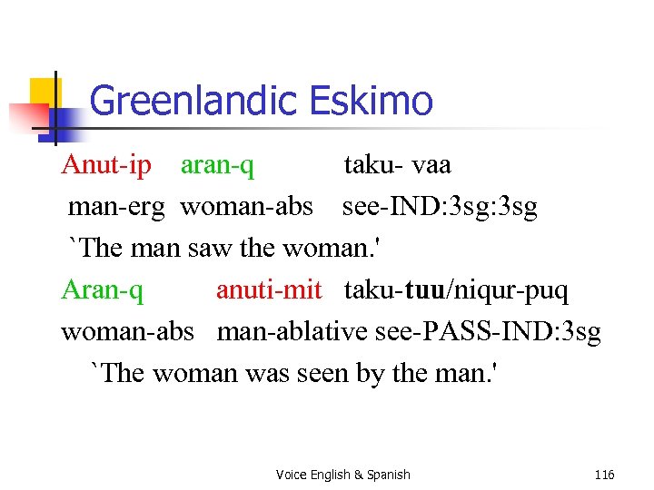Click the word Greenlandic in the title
(x=194, y=100)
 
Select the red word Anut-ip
(x=106, y=165)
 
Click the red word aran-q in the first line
(x=217, y=165)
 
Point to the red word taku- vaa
(x=397, y=165)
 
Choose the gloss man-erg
(x=116, y=207)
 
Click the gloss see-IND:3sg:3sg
(x=440, y=207)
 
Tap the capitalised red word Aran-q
(x=102, y=289)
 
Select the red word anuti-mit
(x=269, y=289)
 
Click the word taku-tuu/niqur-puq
(x=456, y=289)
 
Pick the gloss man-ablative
(x=292, y=331)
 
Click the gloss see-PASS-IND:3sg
(x=488, y=331)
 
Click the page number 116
(x=604, y=475)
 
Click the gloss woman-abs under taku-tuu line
(x=127, y=331)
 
